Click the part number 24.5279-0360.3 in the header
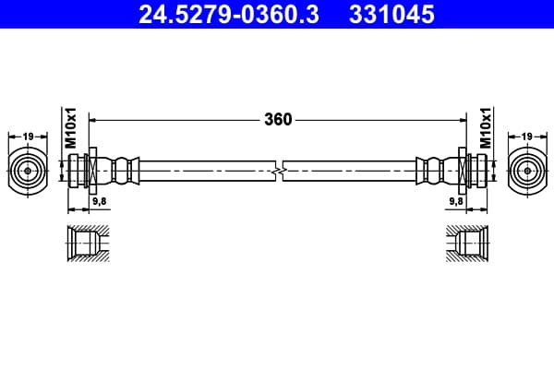[x=229, y=15]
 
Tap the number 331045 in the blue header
[x=391, y=15]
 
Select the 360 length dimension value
[x=278, y=120]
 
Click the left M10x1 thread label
[x=70, y=128]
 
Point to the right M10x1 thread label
[x=486, y=128]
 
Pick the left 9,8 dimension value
[x=100, y=201]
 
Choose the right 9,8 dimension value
[x=456, y=201]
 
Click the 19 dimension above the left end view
[x=28, y=137]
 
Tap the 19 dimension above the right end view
[x=527, y=137]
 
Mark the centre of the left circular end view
[x=28, y=171]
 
